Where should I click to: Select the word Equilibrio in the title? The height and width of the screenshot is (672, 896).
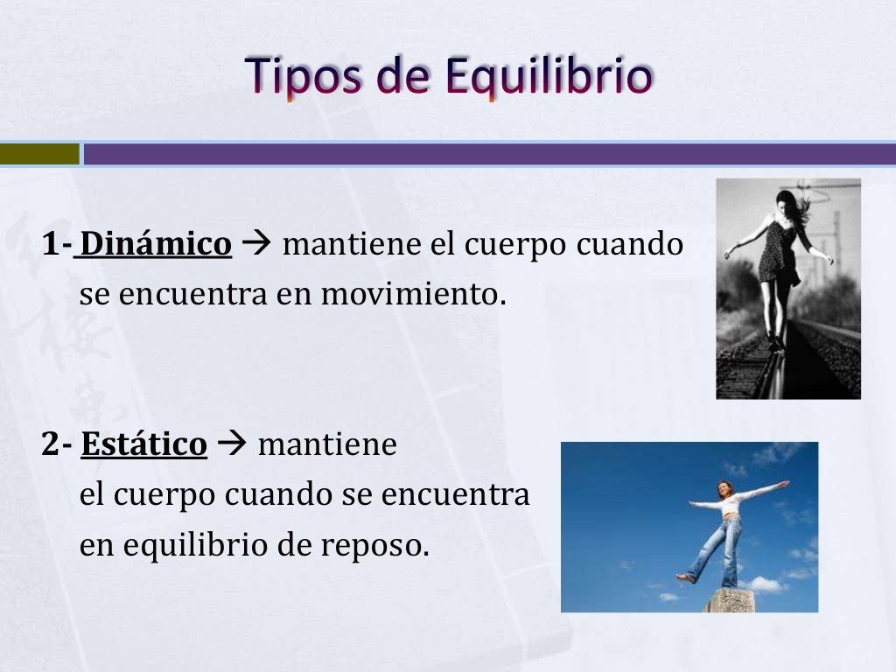548,77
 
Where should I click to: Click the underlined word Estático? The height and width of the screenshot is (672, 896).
144,444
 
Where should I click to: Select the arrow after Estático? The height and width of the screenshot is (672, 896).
232,445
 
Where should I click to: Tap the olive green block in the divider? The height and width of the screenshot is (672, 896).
39,154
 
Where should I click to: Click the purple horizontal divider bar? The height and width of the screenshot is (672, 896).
490,154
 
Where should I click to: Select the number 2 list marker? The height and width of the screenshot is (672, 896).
51,444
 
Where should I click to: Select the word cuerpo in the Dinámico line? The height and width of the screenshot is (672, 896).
515,245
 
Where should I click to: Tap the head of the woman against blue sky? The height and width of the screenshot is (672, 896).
724,488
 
